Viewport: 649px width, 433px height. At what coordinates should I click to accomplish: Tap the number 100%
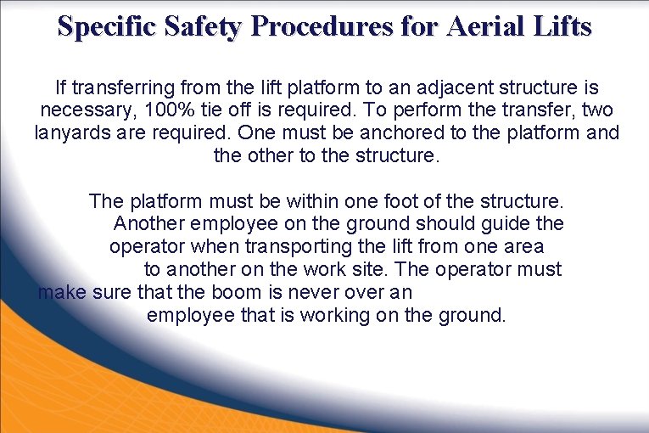click(x=167, y=110)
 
